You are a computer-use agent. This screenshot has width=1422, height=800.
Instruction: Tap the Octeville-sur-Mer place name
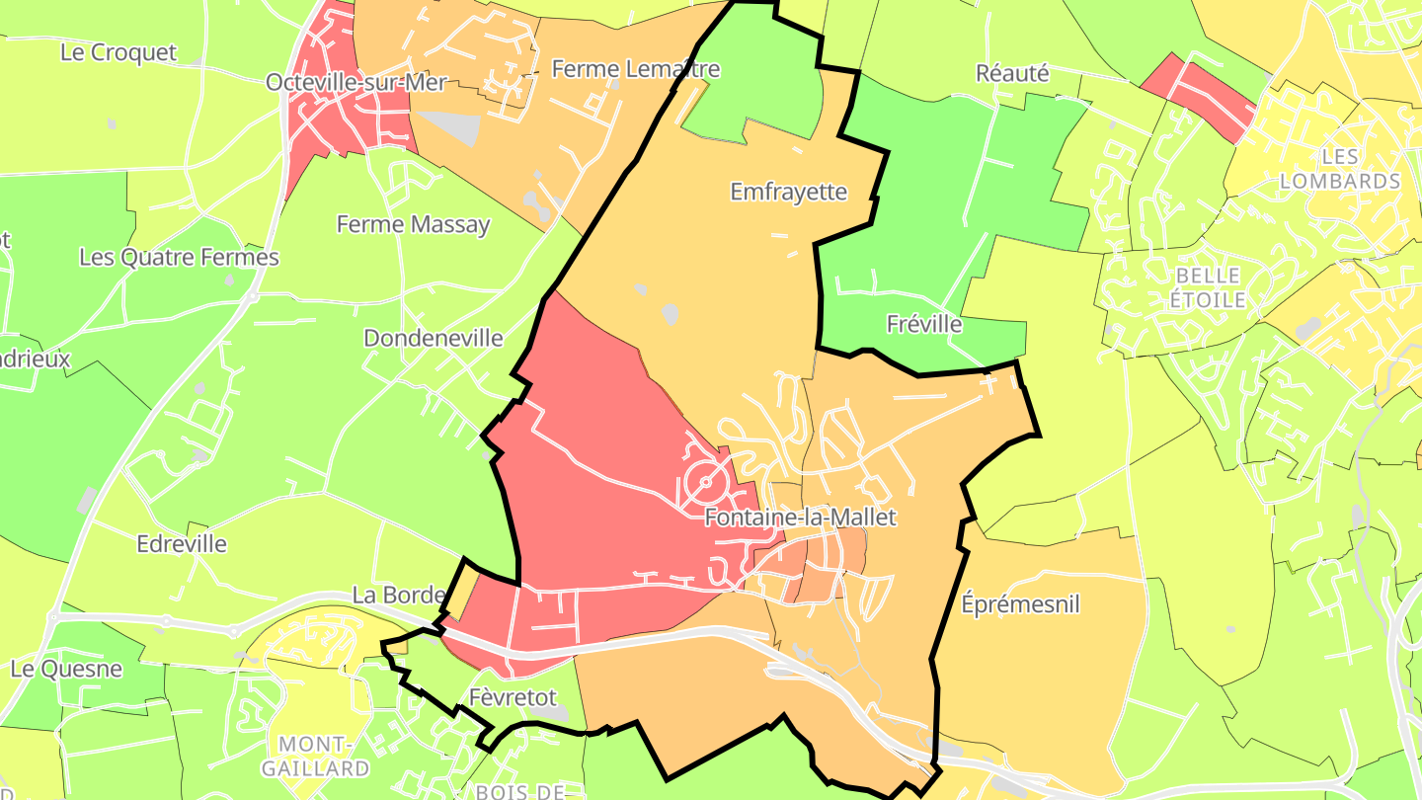[x=363, y=82]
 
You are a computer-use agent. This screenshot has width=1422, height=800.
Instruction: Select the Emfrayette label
[x=788, y=192]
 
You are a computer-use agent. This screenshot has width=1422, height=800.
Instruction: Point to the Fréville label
[x=923, y=324]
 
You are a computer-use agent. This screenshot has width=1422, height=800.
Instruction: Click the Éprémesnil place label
[x=1020, y=604]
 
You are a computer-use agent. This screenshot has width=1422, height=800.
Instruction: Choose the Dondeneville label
[x=434, y=339]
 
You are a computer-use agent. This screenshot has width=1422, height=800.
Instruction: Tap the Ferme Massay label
[x=413, y=224]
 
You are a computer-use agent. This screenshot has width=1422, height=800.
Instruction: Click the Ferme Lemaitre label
[x=636, y=69]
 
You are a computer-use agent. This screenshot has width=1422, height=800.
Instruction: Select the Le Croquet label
[x=118, y=52]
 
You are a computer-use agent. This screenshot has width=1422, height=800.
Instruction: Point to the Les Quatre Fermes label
[x=179, y=258]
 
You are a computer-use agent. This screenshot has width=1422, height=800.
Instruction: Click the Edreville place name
[x=182, y=544]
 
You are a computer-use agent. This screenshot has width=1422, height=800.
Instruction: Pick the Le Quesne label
[x=66, y=669]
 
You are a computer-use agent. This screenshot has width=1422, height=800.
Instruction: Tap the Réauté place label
[x=1011, y=73]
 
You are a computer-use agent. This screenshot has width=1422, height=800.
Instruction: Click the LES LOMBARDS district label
[x=1339, y=169]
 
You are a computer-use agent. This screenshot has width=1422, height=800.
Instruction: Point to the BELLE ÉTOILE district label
[x=1207, y=286]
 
